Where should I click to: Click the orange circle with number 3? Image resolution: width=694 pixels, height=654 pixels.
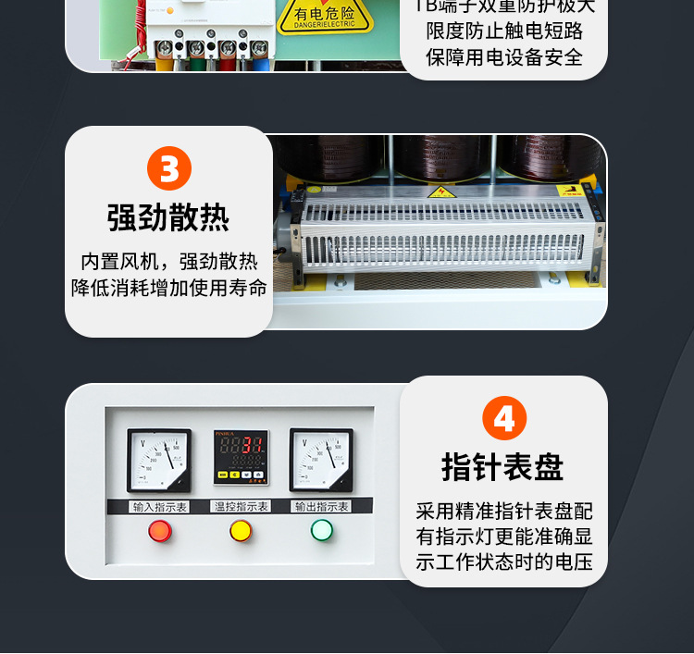169,169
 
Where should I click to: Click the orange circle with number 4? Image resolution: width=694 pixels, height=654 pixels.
504,418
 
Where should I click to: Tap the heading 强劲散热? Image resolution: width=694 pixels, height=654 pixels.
168,218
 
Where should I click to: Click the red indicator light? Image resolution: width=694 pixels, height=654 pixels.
160,531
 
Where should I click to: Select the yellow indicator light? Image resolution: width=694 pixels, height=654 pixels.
241,531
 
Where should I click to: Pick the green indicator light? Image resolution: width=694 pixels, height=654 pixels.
321,530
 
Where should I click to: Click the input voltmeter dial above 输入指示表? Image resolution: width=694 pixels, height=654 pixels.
159,460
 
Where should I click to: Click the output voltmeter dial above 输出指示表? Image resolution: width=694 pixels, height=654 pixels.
321,460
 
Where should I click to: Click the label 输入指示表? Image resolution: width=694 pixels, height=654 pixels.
160,506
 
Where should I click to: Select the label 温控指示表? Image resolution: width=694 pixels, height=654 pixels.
241,506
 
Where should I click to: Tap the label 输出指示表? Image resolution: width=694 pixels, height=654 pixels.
321,506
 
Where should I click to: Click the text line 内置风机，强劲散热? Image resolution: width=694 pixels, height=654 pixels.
169,261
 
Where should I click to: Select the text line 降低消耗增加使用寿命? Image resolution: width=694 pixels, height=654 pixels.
169,287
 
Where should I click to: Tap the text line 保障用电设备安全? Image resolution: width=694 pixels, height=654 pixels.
504,56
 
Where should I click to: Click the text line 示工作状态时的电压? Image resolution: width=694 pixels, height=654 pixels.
504,561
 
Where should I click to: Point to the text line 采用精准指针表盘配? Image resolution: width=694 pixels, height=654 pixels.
504,511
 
